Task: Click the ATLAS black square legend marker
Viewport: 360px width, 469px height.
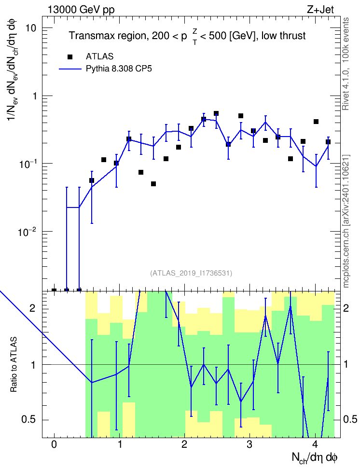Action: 70,57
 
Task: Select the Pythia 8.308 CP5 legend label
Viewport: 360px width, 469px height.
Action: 119,69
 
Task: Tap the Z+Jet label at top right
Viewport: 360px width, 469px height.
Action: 320,10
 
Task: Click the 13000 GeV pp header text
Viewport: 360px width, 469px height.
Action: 81,10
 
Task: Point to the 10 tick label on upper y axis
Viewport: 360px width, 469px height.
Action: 30,28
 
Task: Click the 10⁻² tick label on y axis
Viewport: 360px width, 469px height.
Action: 27,231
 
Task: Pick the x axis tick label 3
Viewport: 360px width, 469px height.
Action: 249,444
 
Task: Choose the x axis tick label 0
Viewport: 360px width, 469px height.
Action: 54,444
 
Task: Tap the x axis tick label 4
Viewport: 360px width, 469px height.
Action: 315,444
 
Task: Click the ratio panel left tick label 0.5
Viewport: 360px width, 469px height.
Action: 28,420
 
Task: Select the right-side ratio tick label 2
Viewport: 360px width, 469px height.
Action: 346,308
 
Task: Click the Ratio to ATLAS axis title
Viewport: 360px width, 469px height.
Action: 14,365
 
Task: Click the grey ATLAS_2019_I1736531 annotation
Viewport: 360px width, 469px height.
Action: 191,273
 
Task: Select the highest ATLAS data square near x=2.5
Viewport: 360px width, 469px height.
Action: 216,113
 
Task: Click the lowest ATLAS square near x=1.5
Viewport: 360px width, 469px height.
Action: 153,184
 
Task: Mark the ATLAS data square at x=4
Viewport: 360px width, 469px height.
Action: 316,122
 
